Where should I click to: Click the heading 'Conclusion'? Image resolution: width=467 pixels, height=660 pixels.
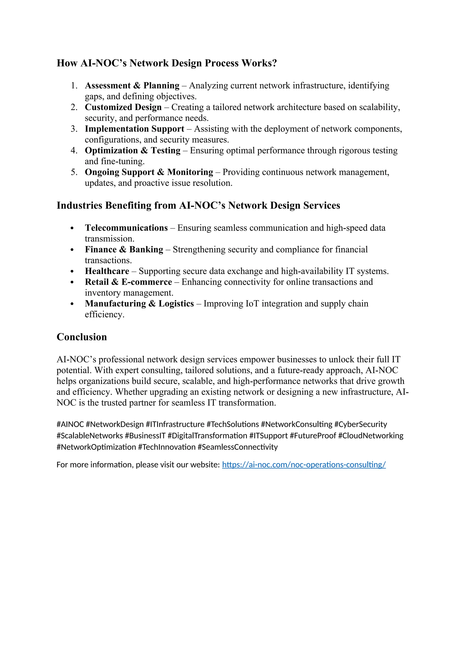(x=82, y=337)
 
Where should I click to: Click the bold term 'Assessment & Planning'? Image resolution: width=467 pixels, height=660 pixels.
(x=132, y=85)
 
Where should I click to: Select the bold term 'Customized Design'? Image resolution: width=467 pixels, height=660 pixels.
(x=123, y=107)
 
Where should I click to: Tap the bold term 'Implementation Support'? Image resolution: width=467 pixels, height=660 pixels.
(x=134, y=129)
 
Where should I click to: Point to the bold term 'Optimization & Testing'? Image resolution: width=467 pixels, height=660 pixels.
(x=132, y=150)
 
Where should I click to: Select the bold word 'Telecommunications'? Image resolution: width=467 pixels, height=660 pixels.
(x=126, y=228)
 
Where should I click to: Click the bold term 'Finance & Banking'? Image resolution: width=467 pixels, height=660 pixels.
(x=124, y=249)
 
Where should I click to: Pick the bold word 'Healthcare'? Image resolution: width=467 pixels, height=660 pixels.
(x=107, y=271)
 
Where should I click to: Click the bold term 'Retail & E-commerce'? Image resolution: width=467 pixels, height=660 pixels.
(x=128, y=282)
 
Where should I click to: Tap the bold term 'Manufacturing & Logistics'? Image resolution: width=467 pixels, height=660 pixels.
(x=139, y=304)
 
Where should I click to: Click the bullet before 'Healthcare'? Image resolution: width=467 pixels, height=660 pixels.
(x=72, y=272)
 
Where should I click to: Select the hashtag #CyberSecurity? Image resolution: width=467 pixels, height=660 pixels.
(x=360, y=424)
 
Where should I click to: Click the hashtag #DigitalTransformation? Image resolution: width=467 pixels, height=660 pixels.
(x=207, y=436)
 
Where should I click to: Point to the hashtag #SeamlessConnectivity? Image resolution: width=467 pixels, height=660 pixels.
(x=238, y=447)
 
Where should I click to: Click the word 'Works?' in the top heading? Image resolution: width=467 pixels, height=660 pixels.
(x=259, y=63)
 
